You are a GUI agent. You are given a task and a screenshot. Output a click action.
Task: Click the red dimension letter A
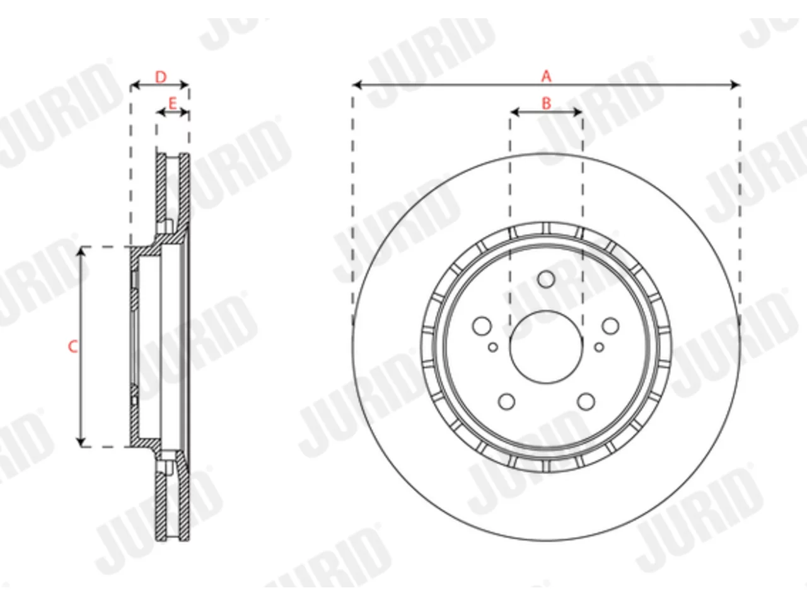(547, 76)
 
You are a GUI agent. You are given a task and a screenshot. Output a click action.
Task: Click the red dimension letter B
(547, 103)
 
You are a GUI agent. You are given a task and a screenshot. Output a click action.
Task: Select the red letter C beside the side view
(73, 347)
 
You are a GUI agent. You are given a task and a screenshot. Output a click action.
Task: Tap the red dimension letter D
(161, 77)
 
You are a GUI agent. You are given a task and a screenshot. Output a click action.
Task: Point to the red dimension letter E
(172, 103)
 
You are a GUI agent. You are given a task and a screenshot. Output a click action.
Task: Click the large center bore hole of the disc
(547, 347)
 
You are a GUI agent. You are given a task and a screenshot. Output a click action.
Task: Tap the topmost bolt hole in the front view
(547, 279)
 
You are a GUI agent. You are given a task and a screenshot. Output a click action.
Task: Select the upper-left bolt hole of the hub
(482, 326)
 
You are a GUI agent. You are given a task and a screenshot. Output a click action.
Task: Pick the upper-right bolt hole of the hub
(610, 326)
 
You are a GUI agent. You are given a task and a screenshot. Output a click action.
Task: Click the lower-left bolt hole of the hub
(507, 401)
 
